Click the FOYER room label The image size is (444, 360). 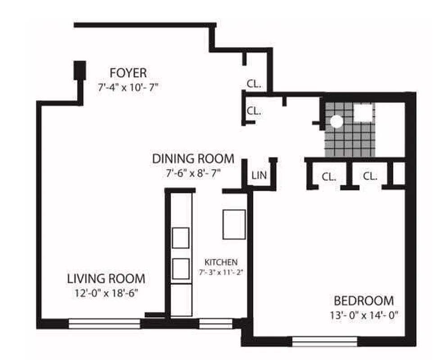128,73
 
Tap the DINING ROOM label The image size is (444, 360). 193,159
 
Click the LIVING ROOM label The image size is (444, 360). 106,278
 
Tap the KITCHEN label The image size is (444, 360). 221,262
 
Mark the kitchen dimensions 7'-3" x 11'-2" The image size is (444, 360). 221,272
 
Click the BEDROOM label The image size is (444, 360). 363,301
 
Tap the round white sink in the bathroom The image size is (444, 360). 336,121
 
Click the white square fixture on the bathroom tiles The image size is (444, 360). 363,113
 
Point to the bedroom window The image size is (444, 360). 324,341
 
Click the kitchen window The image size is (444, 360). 215,323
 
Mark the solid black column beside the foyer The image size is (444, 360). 80,70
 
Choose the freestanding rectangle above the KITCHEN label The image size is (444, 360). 234,224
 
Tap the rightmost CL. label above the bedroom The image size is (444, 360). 370,176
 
